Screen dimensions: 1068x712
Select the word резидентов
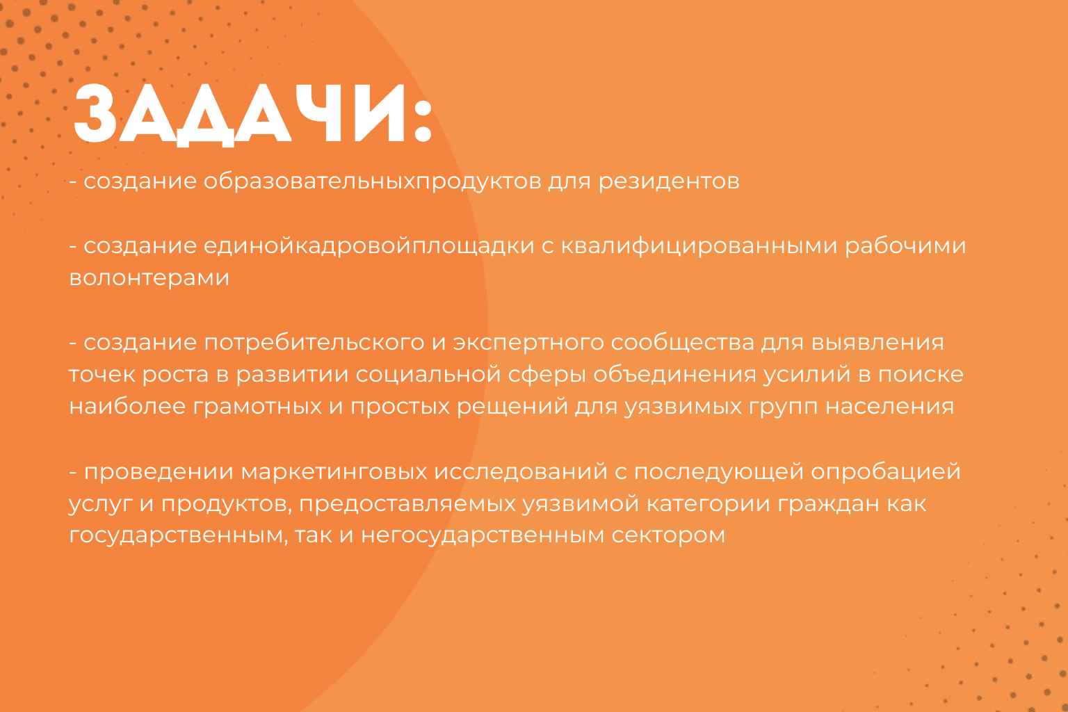669,181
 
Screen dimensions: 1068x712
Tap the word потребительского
314,343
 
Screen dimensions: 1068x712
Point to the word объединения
674,375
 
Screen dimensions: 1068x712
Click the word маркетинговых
334,472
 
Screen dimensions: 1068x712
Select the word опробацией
886,472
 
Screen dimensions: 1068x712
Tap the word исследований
521,472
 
